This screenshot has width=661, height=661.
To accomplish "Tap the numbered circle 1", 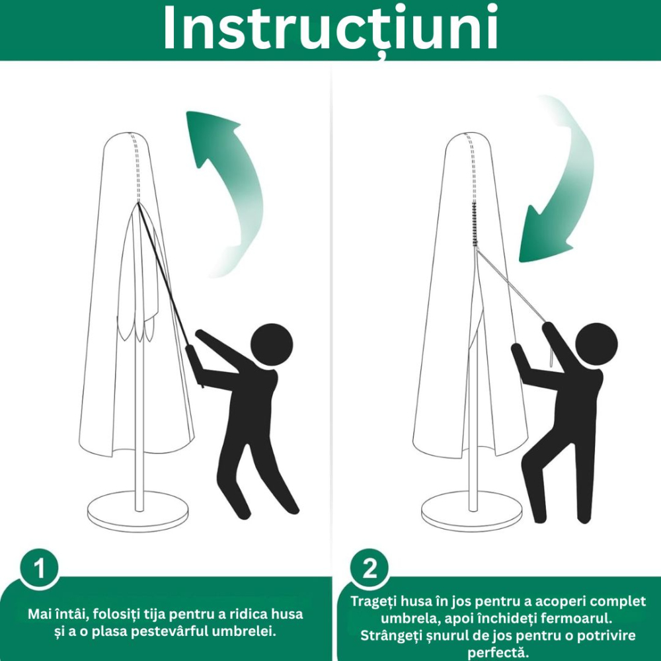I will click(x=39, y=568).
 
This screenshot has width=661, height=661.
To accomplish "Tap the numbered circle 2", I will click(x=369, y=568).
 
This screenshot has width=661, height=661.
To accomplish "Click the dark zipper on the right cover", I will click(x=474, y=225).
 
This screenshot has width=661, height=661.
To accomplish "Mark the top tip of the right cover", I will click(x=465, y=134).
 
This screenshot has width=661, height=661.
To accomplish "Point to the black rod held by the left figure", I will click(x=165, y=278).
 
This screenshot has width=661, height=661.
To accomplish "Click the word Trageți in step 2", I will click(x=373, y=602).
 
